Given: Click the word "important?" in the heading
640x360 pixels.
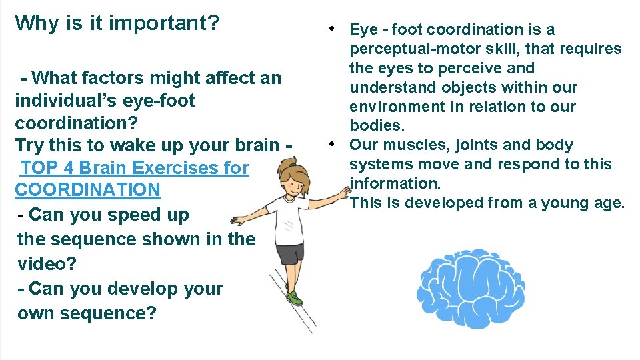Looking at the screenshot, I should pyautogui.click(x=164, y=23).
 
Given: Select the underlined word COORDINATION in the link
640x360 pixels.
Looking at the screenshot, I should pyautogui.click(x=87, y=190).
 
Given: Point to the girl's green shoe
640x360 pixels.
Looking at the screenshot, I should pyautogui.click(x=293, y=298).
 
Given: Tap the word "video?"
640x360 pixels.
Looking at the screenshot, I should pyautogui.click(x=47, y=263).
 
